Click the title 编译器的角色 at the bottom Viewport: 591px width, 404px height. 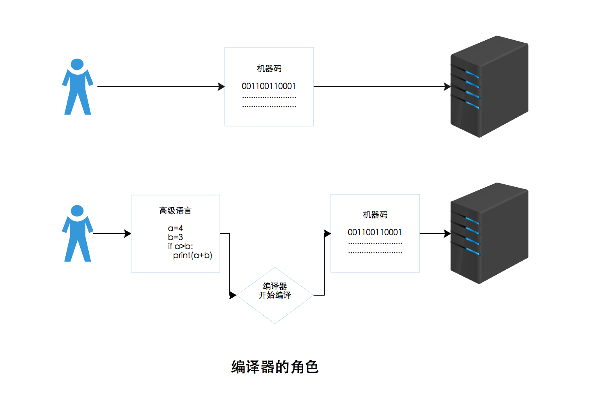click(275, 367)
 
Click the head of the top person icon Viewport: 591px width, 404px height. click(77, 64)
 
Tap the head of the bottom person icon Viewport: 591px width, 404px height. click(77, 211)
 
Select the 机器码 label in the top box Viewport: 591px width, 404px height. click(269, 69)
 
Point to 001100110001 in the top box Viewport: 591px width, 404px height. click(269, 86)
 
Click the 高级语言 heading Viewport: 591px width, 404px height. click(175, 211)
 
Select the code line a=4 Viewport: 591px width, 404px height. click(175, 228)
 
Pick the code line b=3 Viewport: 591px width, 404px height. click(175, 237)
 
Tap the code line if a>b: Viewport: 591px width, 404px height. click(180, 246)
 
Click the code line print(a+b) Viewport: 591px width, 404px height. click(192, 255)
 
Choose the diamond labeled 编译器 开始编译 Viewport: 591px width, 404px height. click(275, 296)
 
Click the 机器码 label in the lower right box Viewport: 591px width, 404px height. click(375, 215)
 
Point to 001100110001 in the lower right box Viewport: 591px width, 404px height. click(375, 232)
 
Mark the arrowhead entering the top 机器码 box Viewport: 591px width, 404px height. click(222, 87)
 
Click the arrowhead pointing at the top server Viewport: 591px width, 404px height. click(448, 87)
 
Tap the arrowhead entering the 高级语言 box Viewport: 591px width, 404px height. click(128, 234)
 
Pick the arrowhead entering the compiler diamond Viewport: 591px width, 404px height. click(233, 295)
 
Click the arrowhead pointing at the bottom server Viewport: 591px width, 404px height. click(448, 234)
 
